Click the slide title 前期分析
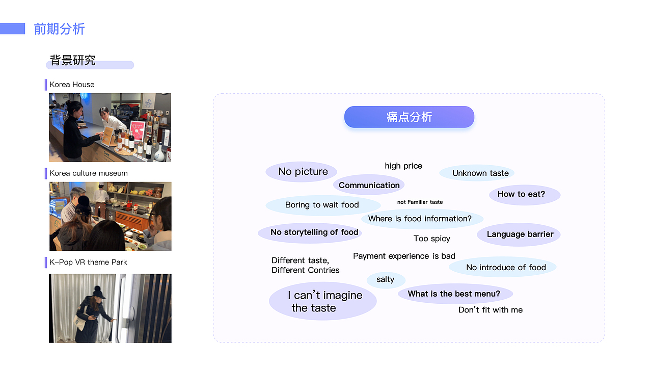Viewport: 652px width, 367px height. [59, 29]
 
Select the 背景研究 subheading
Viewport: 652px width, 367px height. [72, 60]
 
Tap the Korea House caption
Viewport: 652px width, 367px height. [72, 85]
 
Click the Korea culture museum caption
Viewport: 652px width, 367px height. [89, 173]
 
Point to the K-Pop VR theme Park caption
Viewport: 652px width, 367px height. [88, 262]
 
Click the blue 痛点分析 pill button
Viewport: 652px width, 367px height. [409, 117]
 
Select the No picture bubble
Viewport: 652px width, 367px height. [302, 172]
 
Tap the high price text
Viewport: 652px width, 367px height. [403, 166]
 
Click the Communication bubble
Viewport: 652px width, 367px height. [369, 185]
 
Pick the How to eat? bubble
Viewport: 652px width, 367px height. [525, 195]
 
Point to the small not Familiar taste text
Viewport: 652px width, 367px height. [420, 202]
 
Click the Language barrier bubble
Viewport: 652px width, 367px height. [519, 234]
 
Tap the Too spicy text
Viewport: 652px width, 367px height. [431, 239]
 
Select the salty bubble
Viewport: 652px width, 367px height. [386, 280]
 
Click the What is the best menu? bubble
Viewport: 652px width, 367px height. [455, 294]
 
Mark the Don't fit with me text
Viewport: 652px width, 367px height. [491, 309]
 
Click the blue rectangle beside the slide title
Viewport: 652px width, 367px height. [13, 29]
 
